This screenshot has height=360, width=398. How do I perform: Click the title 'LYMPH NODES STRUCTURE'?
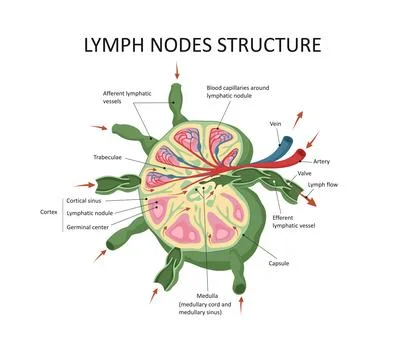198,46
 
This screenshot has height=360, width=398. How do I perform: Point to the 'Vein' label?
276,123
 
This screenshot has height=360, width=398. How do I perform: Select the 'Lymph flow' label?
324,185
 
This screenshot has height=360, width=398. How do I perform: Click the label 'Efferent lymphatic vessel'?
299,221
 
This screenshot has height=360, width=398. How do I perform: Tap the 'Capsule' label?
279,263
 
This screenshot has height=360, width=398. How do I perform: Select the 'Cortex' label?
49,212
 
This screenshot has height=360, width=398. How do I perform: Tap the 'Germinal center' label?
91,226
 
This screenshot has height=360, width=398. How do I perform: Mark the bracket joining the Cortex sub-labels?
66,212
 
